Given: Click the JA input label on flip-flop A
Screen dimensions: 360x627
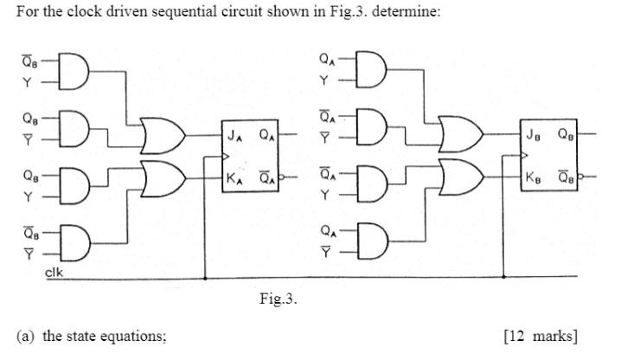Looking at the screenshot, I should pos(234,135).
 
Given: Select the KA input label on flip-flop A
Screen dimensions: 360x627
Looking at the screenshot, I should pos(234,180).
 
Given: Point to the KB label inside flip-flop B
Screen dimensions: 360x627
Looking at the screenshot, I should pos(533,179).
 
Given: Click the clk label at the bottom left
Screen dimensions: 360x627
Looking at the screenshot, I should pos(54,273).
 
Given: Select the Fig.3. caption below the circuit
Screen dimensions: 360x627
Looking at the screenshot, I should pos(278,299).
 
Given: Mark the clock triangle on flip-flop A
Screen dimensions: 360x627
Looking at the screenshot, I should pos(227,157).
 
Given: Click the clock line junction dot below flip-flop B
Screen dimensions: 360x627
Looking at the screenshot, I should pos(503,279).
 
